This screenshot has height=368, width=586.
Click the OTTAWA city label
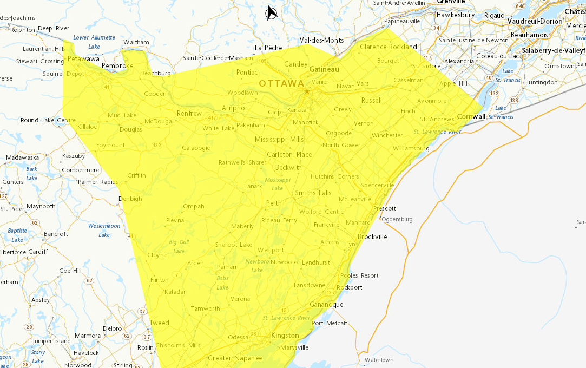pyautogui.click(x=281, y=83)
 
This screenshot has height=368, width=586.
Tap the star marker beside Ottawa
pyautogui.click(x=307, y=91)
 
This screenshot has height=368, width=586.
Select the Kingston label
pyautogui.click(x=285, y=336)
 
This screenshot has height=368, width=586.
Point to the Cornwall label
pyautogui.click(x=471, y=116)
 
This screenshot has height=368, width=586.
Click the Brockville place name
pyautogui.click(x=372, y=236)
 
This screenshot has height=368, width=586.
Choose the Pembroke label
pyautogui.click(x=117, y=65)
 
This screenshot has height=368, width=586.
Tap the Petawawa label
pyautogui.click(x=83, y=58)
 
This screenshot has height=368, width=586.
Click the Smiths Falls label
pyautogui.click(x=313, y=193)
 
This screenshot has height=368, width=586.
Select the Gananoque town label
pyautogui.click(x=326, y=305)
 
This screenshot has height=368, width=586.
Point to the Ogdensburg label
pyautogui.click(x=397, y=219)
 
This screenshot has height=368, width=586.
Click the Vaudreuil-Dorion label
pyautogui.click(x=535, y=21)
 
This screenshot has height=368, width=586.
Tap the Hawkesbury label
pyautogui.click(x=455, y=15)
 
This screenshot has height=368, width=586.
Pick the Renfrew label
pyautogui.click(x=189, y=114)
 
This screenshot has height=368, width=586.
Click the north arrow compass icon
pyautogui.click(x=272, y=12)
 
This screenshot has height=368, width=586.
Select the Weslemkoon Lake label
pyautogui.click(x=104, y=230)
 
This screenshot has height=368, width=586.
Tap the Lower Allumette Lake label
pyautogui.click(x=94, y=42)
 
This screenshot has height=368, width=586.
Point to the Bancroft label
pyautogui.click(x=56, y=234)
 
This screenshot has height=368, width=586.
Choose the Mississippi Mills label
pyautogui.click(x=279, y=140)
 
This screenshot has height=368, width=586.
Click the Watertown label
pyautogui.click(x=379, y=360)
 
